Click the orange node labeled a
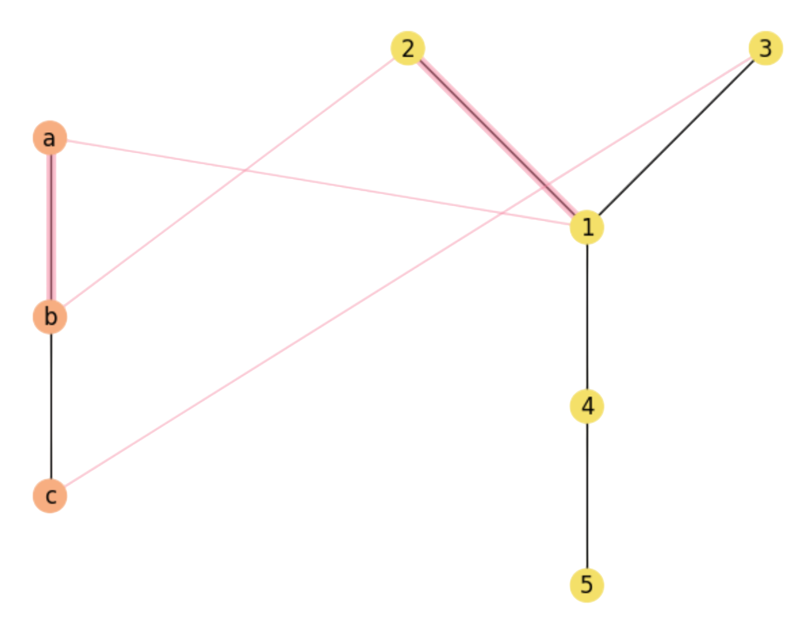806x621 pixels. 50,138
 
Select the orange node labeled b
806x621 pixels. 50,316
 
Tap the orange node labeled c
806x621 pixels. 50,496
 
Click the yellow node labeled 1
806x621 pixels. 587,227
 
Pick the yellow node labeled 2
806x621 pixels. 407,48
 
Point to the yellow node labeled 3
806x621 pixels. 765,48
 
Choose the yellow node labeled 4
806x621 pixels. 587,406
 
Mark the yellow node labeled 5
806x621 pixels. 587,584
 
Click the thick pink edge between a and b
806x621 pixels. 50,227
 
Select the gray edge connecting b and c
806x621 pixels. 51,406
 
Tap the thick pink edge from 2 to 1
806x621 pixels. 497,138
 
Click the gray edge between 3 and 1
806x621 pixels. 676,138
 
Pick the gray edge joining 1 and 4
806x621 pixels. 587,317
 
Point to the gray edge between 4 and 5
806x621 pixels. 587,496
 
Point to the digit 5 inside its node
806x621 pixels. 587,585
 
